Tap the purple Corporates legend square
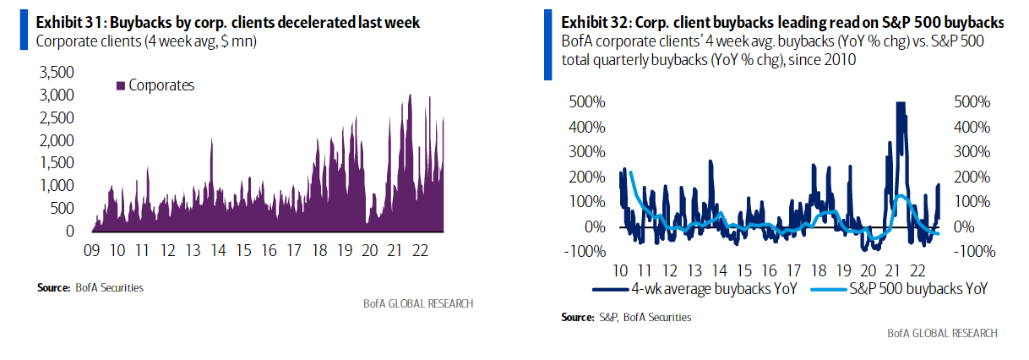(x=121, y=85)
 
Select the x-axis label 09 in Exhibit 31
(x=93, y=250)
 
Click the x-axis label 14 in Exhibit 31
(x=219, y=250)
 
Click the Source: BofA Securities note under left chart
(x=90, y=287)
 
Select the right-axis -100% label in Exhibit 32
(x=965, y=252)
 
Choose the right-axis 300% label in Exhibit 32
(x=965, y=152)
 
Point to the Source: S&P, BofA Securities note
(x=626, y=317)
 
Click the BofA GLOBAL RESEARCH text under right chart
(x=941, y=333)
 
